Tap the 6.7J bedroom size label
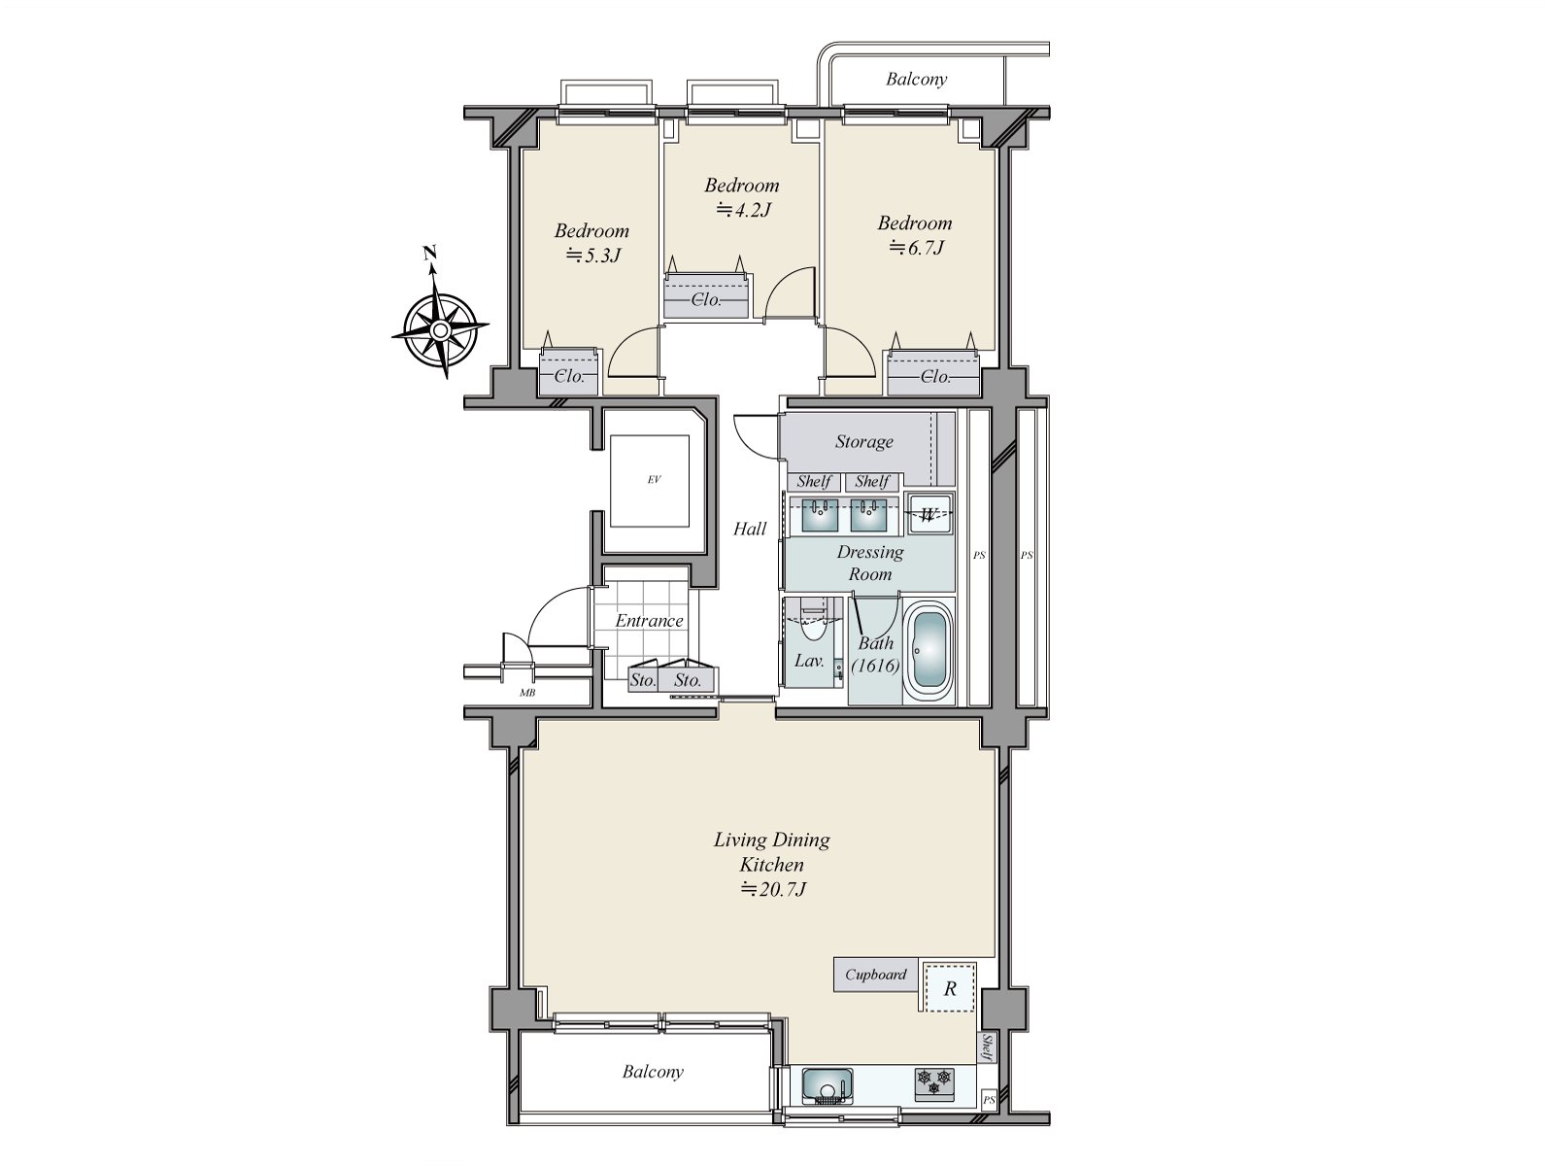click(917, 248)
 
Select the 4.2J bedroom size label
click(743, 209)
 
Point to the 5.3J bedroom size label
click(592, 256)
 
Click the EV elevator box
click(653, 480)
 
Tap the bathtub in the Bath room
click(929, 652)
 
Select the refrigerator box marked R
click(950, 988)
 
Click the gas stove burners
click(933, 1081)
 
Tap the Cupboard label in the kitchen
click(875, 975)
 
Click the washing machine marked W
click(929, 514)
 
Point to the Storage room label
click(863, 442)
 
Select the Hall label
click(750, 530)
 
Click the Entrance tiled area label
click(649, 621)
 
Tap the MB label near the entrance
click(527, 693)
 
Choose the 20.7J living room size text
click(773, 889)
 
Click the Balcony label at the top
click(915, 80)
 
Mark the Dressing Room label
click(870, 563)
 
